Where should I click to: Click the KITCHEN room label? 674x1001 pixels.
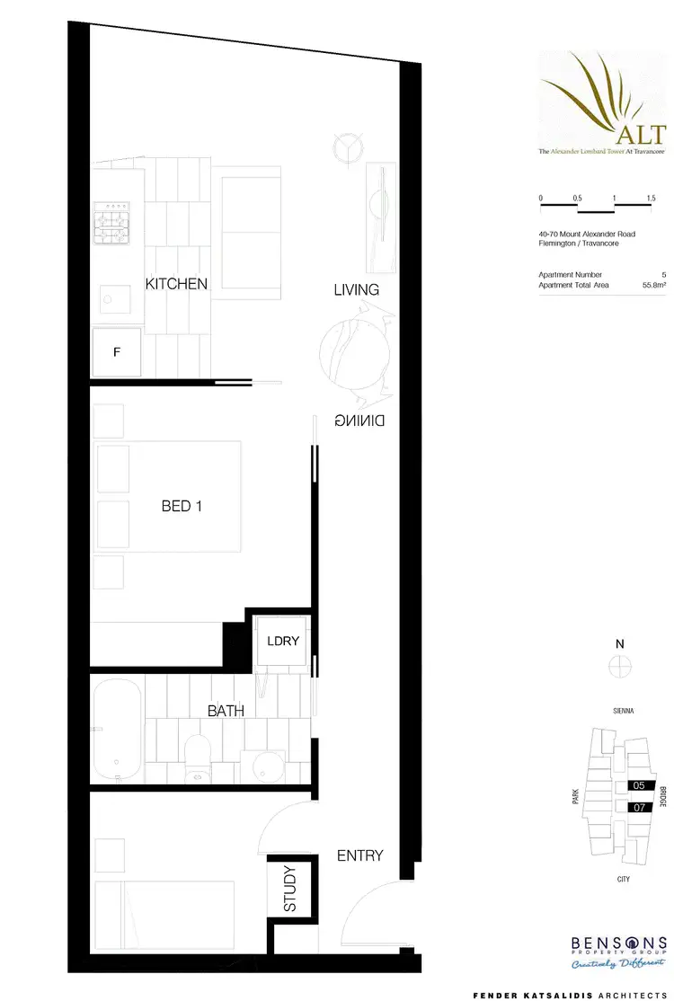click(176, 284)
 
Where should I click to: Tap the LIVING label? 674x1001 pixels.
click(356, 289)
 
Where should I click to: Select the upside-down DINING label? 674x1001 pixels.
click(359, 420)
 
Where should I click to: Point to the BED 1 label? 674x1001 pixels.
click(182, 506)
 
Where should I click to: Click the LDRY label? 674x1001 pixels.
click(282, 642)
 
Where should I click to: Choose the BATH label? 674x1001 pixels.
click(226, 711)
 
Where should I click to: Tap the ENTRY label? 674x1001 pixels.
click(359, 855)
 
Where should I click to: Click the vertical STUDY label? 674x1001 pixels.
click(290, 889)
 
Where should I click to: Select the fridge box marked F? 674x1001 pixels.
click(117, 352)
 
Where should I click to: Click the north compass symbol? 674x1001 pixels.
click(619, 667)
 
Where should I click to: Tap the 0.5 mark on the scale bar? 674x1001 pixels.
click(576, 197)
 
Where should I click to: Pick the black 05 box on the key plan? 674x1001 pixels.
click(639, 784)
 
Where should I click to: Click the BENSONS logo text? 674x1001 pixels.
click(619, 943)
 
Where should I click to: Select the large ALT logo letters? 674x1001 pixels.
click(641, 135)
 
